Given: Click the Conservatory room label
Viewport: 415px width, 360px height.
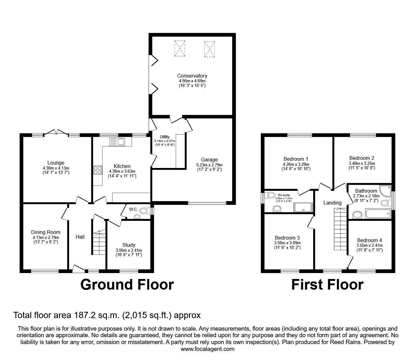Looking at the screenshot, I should (192, 76).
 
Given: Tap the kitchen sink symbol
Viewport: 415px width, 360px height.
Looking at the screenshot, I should (117, 142).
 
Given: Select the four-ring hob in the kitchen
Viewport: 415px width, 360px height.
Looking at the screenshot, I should (97, 170).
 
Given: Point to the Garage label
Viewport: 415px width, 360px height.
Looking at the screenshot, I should (209, 160).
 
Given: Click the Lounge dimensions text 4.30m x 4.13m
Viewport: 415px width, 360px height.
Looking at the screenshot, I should (56, 168).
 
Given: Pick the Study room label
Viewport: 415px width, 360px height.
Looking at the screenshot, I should (128, 245).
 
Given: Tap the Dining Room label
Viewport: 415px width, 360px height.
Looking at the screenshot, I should (46, 232).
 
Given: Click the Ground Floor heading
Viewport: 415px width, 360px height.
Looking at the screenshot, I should (127, 285).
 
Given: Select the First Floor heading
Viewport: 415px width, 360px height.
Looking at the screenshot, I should (327, 285).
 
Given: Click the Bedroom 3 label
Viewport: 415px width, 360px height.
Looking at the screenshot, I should (287, 238).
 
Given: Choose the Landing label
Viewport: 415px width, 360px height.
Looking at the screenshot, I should (332, 203).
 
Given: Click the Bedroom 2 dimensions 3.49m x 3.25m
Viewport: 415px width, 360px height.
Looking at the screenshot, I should (362, 163).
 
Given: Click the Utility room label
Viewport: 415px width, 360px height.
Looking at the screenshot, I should (165, 137).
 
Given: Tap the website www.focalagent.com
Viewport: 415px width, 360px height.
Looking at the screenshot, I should (207, 349).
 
